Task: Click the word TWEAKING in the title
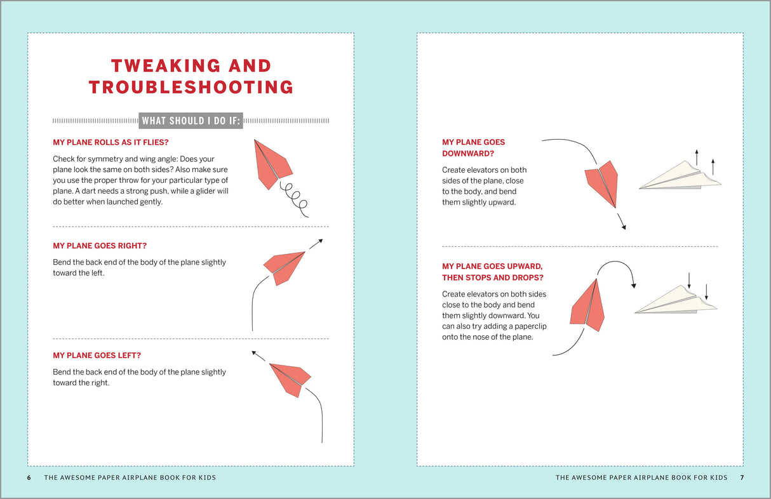[155, 65]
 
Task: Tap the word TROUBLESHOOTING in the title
[191, 87]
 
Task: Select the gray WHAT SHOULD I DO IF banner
[191, 121]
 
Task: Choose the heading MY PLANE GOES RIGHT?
[104, 246]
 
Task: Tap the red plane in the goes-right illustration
[285, 266]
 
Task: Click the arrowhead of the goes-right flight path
[320, 241]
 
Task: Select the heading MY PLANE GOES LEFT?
[97, 356]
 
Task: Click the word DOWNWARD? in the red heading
[468, 154]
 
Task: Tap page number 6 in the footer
[29, 477]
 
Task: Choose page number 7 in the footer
[741, 477]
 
